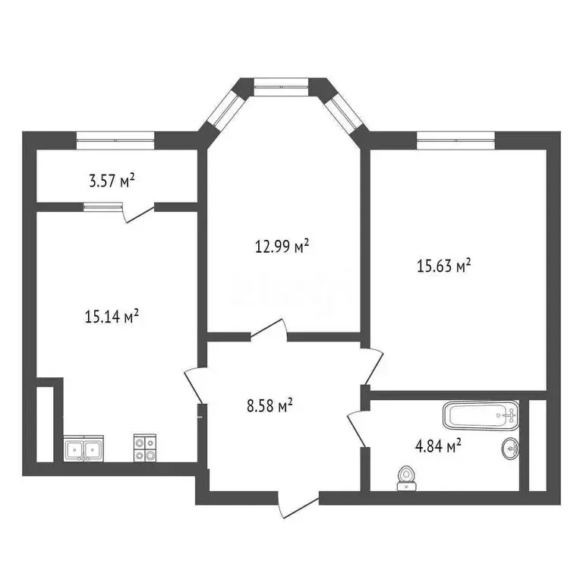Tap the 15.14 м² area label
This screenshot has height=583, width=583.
(112, 317)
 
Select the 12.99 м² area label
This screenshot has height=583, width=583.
(281, 246)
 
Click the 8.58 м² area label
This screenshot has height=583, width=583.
(269, 406)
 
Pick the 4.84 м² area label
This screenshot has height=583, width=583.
(438, 447)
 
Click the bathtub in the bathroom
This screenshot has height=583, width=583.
(481, 415)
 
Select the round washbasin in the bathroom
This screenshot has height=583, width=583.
(511, 449)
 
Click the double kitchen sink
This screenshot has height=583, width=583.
(84, 449)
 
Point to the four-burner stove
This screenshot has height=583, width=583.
(146, 447)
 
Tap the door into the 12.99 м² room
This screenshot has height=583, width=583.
(269, 332)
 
